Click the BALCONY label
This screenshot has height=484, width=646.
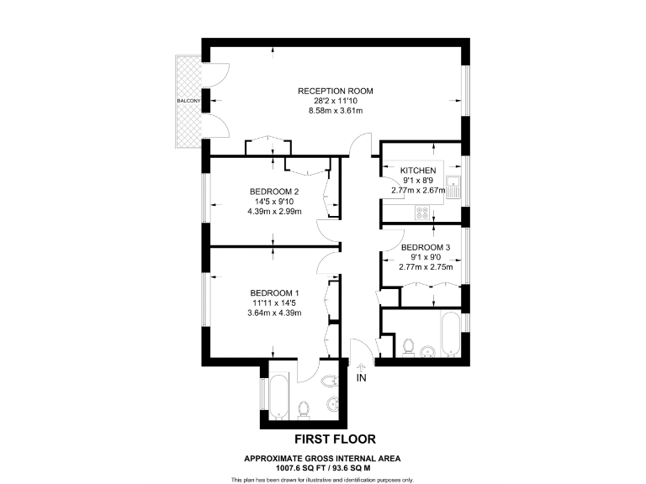tap(188, 102)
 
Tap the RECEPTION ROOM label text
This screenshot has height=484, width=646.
tap(335, 91)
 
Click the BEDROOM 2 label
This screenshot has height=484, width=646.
tap(274, 191)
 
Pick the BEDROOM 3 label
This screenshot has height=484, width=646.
tap(426, 247)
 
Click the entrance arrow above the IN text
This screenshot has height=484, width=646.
tap(362, 366)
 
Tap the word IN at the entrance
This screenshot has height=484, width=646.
tap(362, 379)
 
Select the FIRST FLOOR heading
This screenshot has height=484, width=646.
tap(334, 439)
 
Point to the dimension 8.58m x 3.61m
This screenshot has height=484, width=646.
tap(335, 111)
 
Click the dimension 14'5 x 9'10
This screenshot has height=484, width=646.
tap(274, 202)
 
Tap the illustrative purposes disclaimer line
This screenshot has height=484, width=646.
tap(322, 479)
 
